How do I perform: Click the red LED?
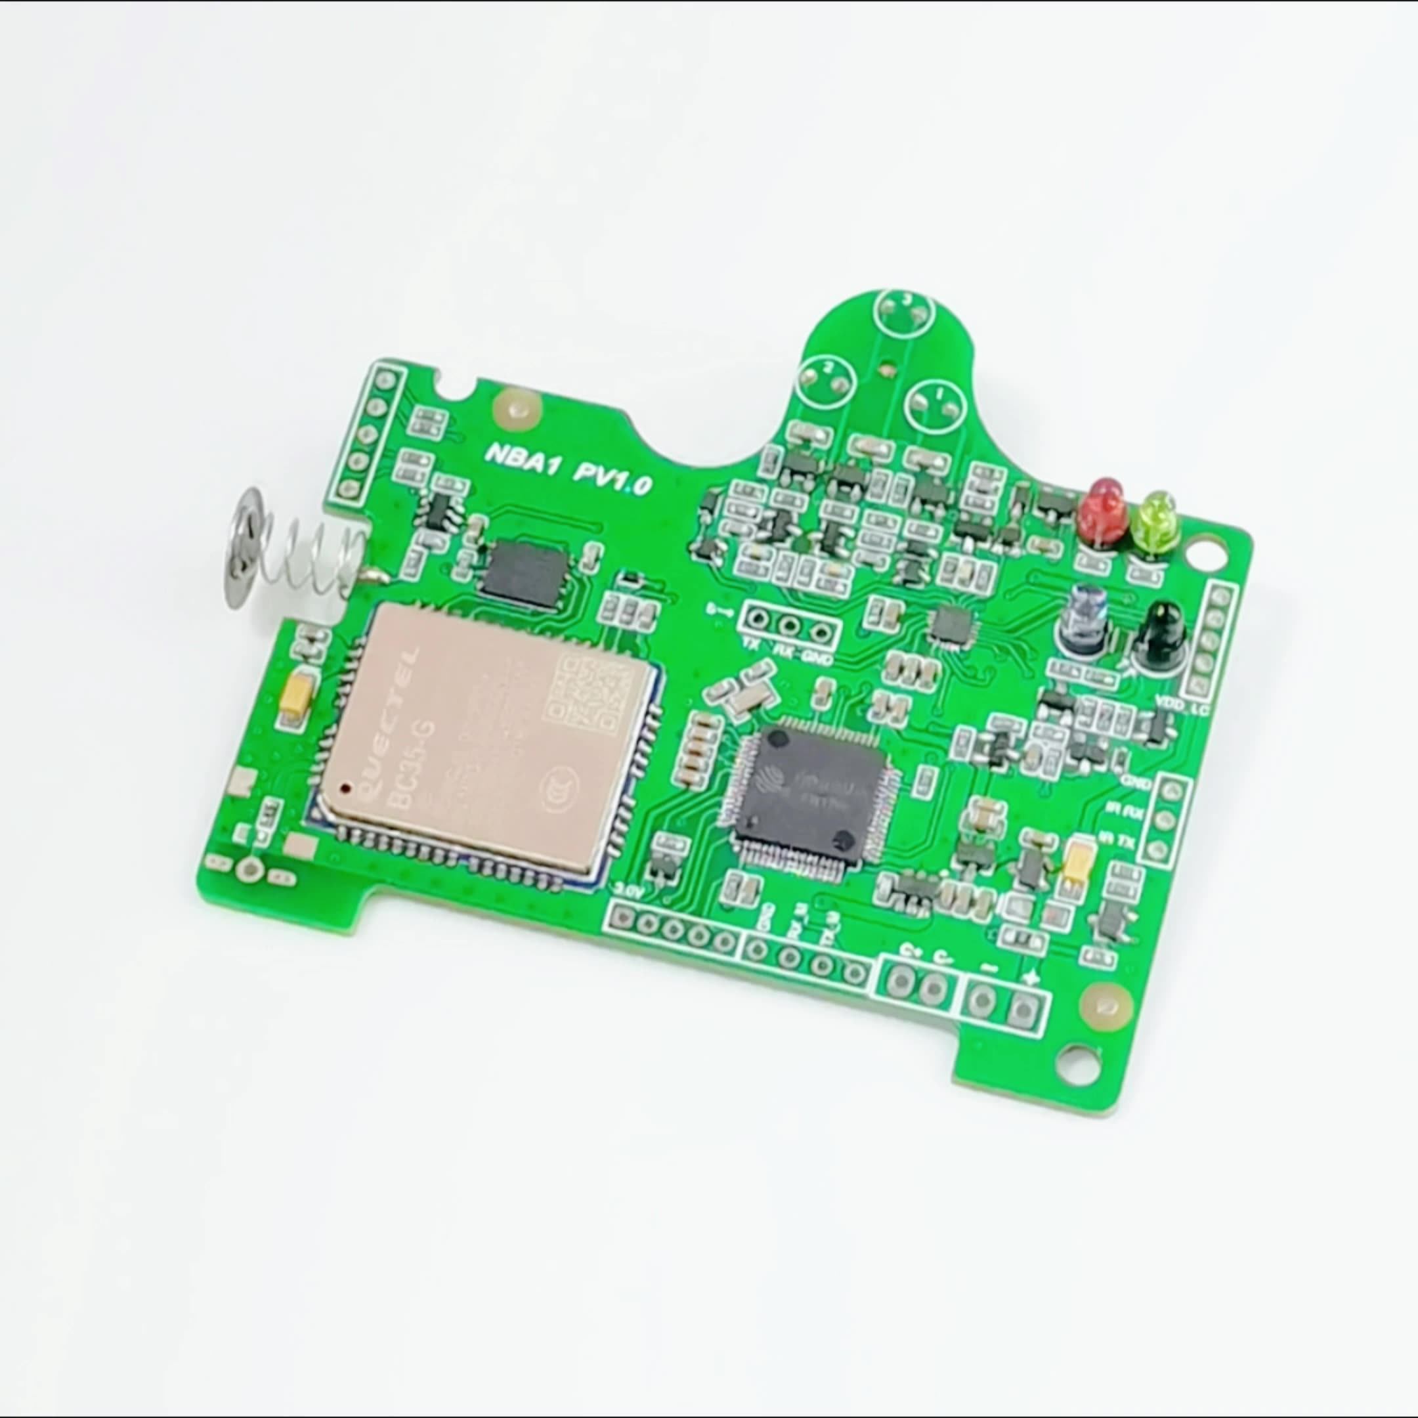coord(1099,507)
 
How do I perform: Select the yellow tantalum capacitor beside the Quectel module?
coord(297,695)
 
